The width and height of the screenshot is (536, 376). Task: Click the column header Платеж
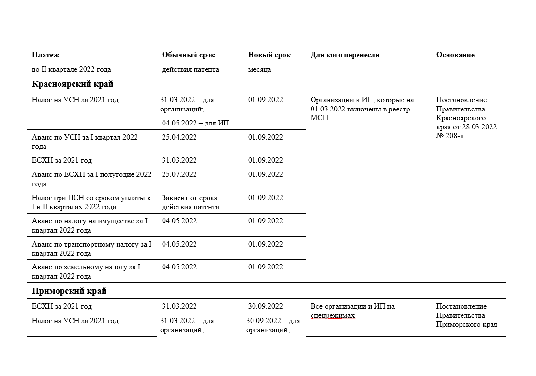point(45,55)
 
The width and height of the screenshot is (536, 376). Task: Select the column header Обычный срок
point(189,55)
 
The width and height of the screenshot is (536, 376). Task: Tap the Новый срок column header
point(269,55)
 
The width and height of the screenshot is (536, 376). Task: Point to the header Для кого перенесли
point(345,55)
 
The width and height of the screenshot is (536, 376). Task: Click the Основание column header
point(455,55)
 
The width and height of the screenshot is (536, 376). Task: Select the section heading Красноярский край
point(73,84)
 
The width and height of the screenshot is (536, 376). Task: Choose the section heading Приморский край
point(69,291)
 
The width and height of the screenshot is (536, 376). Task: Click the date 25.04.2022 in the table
point(179,137)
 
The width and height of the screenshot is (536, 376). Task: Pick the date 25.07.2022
point(179,174)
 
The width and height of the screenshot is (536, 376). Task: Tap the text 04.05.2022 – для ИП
point(195,123)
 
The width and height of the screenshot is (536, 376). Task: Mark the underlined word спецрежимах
point(332,316)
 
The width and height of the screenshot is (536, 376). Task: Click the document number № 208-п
point(450,136)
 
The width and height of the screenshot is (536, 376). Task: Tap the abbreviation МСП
point(319,118)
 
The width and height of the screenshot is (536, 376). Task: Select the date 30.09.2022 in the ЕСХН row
point(266,306)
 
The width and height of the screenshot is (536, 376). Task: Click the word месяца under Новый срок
point(260,69)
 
